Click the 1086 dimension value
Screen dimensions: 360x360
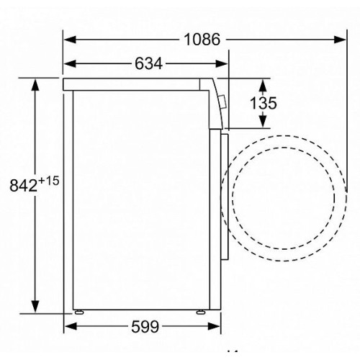pos(202,40)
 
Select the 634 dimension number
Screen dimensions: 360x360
pos(148,64)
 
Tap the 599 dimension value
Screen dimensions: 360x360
pos(145,326)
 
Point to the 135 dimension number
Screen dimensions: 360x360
pos(264,103)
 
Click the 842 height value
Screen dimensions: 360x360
pos(24,185)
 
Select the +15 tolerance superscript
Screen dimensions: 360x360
pos(48,181)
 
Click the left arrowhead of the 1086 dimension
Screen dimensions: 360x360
pos(70,40)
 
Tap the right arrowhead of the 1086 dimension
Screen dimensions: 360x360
pos(340,40)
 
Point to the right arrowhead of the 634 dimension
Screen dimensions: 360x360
pos(222,64)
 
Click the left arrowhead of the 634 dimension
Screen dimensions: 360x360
pos(70,64)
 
